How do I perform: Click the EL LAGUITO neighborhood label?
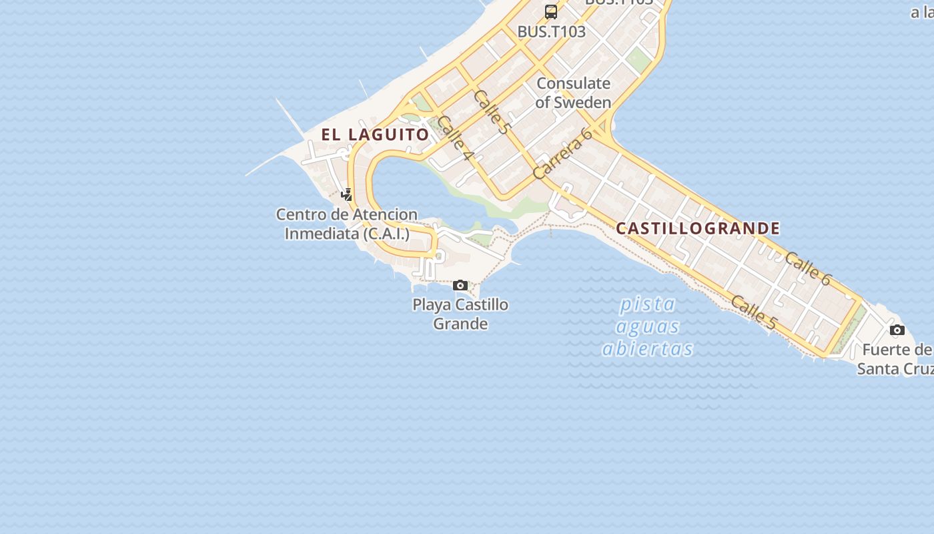point(375,134)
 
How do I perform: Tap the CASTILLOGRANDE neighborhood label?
point(698,228)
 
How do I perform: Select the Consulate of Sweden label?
point(573,93)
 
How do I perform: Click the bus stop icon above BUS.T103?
point(551,11)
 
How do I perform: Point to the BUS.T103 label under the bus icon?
point(552,31)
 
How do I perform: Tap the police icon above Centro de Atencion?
point(346,195)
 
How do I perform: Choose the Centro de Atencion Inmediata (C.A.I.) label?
point(347,224)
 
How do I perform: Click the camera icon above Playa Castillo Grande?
point(460,286)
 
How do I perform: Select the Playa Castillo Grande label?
point(460,314)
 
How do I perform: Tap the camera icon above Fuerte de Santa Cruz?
point(897,330)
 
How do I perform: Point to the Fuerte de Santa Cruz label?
point(895,359)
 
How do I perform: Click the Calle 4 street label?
point(456,139)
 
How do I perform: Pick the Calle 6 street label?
point(807,268)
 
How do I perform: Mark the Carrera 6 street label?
point(563,154)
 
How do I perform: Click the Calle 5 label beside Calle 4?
point(490,111)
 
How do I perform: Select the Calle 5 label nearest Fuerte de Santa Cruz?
point(754,312)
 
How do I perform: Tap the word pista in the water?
point(647,305)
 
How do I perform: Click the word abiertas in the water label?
point(647,349)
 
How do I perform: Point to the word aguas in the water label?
point(647,327)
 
